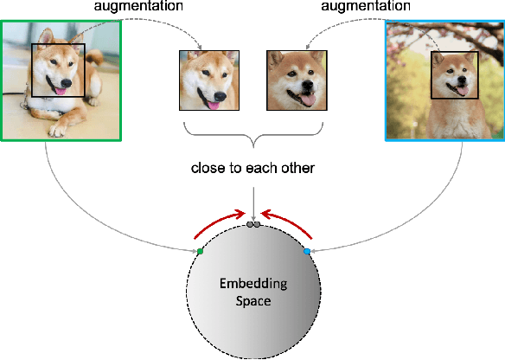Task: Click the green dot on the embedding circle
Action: [200, 251]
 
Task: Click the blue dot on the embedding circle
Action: [307, 251]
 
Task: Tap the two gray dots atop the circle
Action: [252, 224]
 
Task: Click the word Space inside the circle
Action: [252, 302]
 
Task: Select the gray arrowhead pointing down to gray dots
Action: [252, 217]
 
